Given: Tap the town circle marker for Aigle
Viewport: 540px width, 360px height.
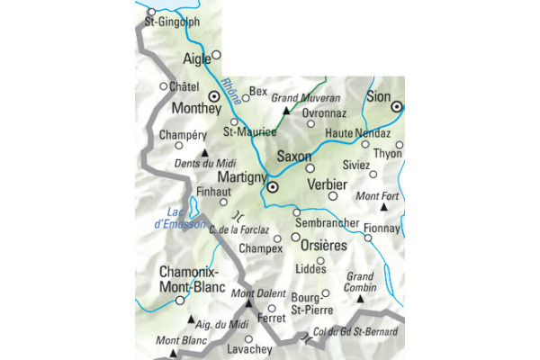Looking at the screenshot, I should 216,55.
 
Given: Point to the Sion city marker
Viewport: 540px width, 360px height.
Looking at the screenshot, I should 396,107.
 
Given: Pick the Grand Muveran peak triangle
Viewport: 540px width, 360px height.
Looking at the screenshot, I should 286,111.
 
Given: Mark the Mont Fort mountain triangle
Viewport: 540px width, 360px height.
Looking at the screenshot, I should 383,208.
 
